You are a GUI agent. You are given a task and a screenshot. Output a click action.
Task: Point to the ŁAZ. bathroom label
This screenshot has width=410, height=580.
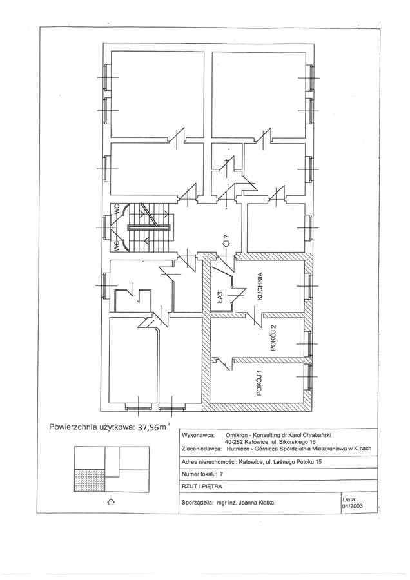(220, 298)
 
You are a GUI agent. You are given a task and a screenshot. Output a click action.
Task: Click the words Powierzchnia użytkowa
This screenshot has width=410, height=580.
(90, 427)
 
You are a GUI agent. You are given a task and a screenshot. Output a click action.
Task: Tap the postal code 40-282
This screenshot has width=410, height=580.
(236, 442)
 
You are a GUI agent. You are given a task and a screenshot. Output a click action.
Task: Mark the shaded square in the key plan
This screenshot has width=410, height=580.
(86, 480)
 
